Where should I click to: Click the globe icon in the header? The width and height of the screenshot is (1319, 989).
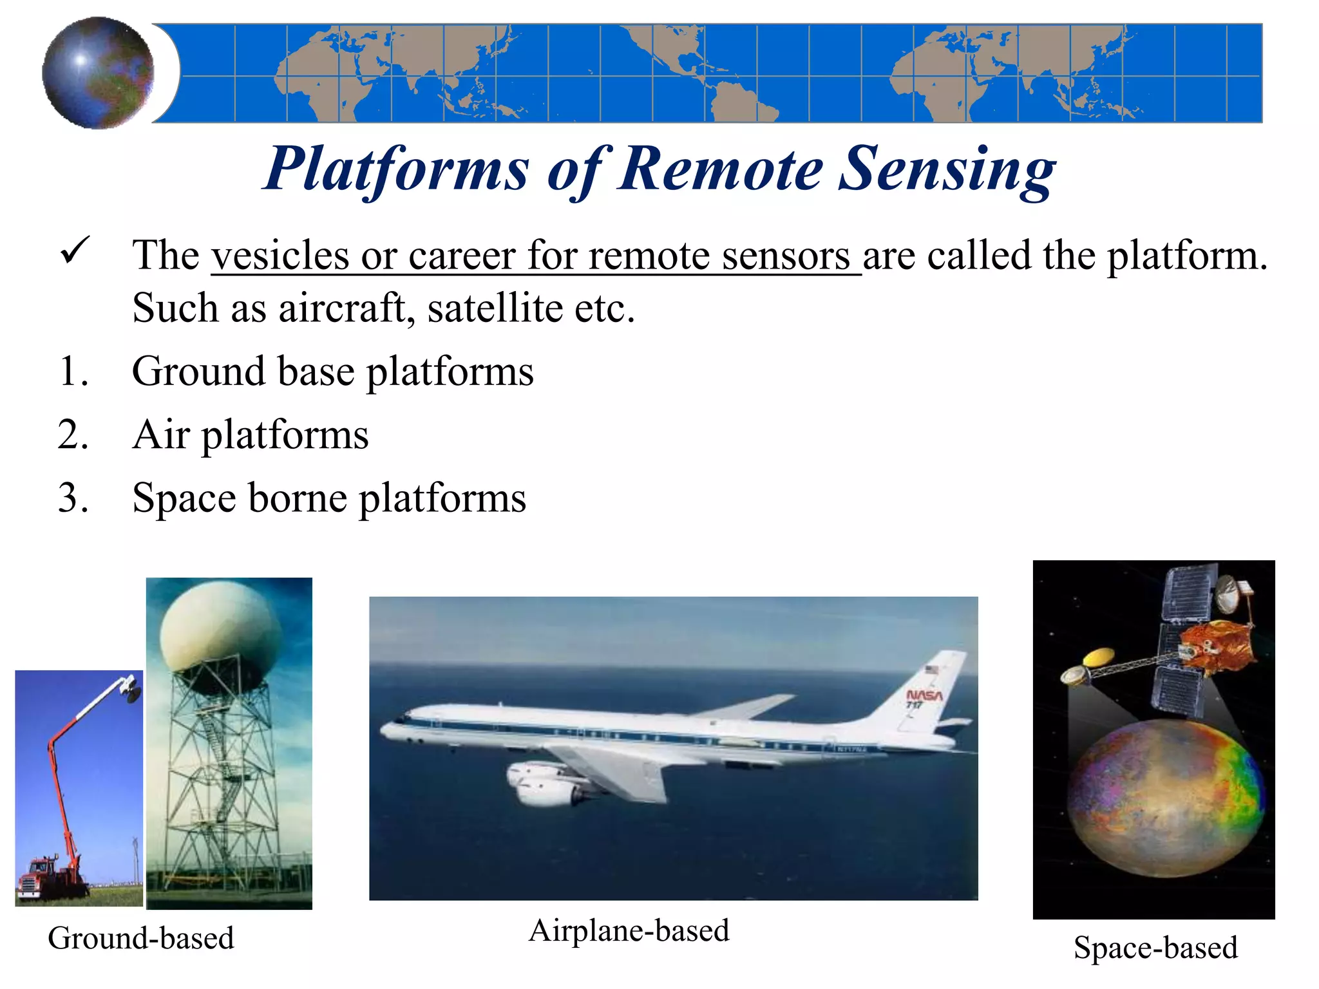[98, 72]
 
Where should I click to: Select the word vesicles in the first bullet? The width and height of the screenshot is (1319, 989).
[280, 256]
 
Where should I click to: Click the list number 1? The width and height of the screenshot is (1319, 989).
[73, 372]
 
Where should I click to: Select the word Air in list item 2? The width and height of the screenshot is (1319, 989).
[161, 435]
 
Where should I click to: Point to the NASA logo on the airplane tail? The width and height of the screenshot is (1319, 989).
[924, 695]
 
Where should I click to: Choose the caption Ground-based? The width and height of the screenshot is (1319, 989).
[140, 938]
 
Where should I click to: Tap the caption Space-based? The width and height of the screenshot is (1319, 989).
[1155, 948]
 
